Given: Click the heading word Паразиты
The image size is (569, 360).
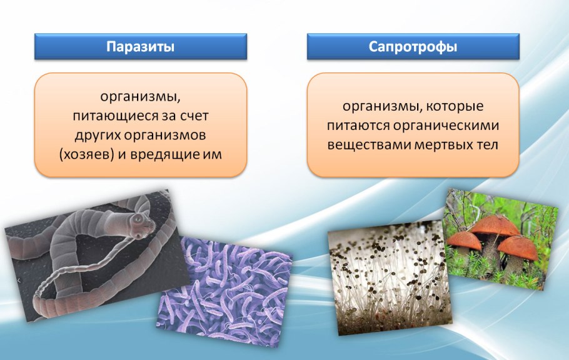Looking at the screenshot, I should click(x=139, y=47).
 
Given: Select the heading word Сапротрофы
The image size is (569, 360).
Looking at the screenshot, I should click(x=413, y=47).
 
